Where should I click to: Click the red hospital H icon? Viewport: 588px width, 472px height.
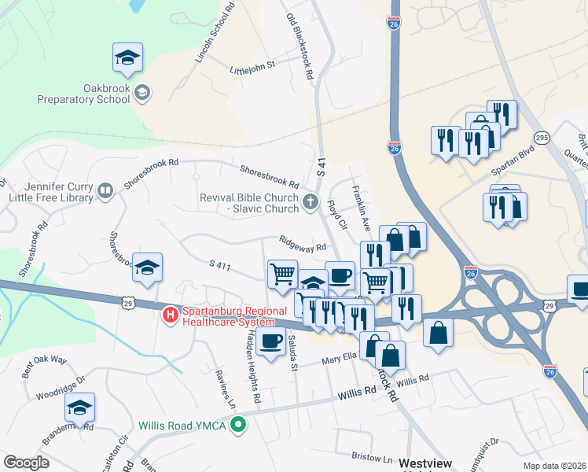point(170,316)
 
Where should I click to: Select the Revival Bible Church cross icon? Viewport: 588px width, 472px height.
point(311,203)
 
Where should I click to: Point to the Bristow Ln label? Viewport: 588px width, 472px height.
point(372,457)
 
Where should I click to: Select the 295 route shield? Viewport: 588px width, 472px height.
point(542,138)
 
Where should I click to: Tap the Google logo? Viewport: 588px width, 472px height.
point(26,463)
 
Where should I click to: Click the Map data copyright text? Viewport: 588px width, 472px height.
point(554,466)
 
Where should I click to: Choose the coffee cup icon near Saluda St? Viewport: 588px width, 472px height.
point(271,342)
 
